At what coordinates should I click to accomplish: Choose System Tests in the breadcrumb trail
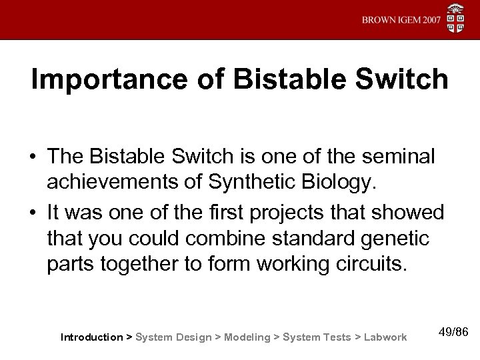point(317,337)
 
